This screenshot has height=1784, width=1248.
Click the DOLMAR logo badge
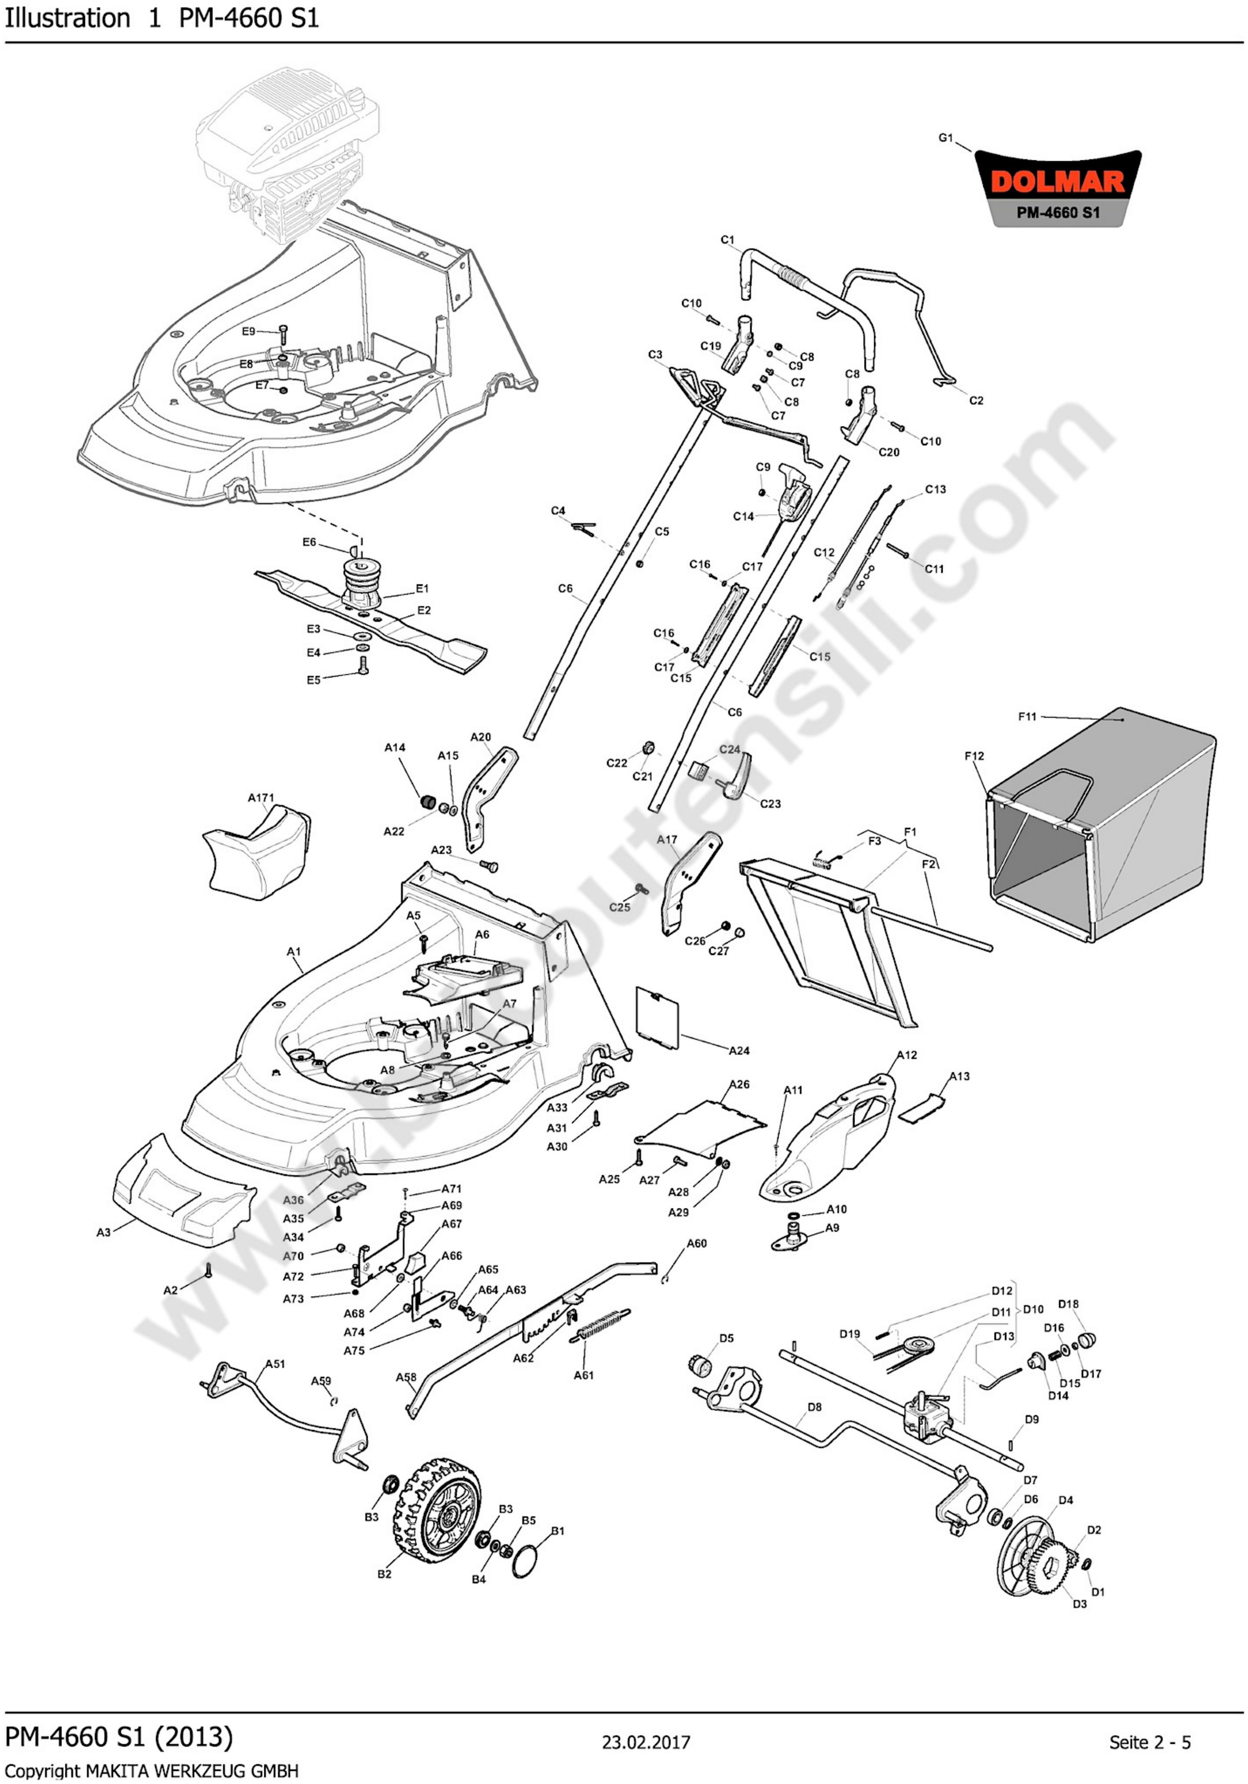(1058, 188)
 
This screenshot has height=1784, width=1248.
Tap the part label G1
(945, 138)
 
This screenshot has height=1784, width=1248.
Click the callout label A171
(261, 798)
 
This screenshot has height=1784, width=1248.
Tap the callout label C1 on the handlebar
(727, 240)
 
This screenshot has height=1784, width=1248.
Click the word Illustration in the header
(68, 18)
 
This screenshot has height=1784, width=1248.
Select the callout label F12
(974, 755)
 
